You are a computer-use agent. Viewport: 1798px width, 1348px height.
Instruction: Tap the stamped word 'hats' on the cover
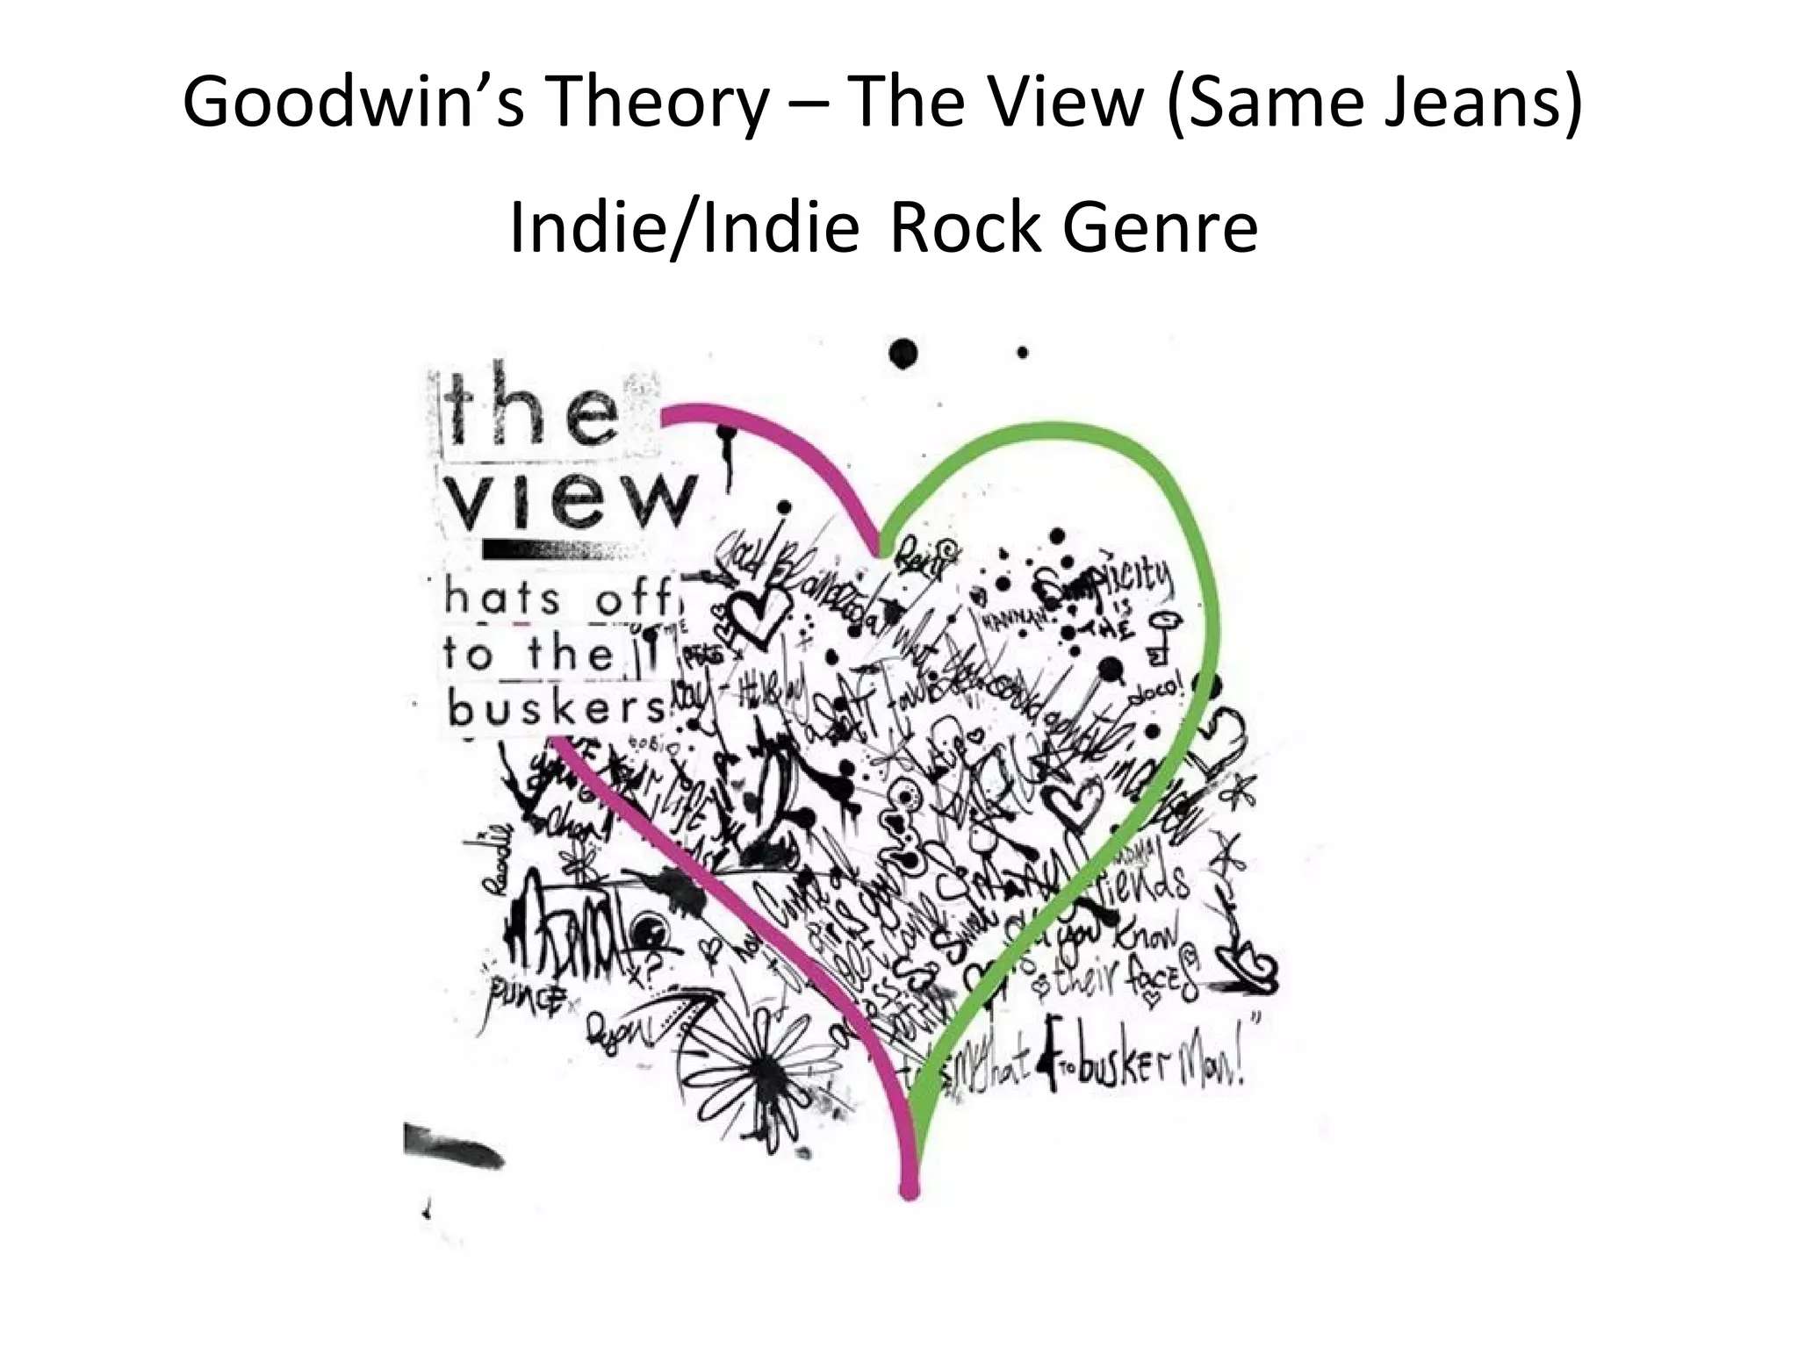(x=502, y=600)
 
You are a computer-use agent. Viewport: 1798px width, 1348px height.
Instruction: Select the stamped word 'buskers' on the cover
(x=557, y=709)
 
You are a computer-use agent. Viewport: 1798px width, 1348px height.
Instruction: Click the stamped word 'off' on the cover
(x=636, y=600)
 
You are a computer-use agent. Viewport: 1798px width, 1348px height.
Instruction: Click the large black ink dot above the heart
(x=903, y=354)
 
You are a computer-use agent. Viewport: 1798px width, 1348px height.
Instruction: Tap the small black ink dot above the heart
(x=1023, y=353)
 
